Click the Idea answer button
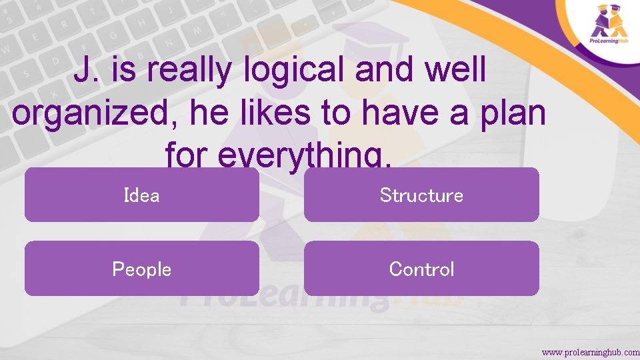click(141, 195)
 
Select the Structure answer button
click(421, 195)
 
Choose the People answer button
click(141, 269)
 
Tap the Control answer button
click(421, 269)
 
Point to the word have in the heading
click(399, 114)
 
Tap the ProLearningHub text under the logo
click(610, 41)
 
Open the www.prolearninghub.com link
click(590, 351)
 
